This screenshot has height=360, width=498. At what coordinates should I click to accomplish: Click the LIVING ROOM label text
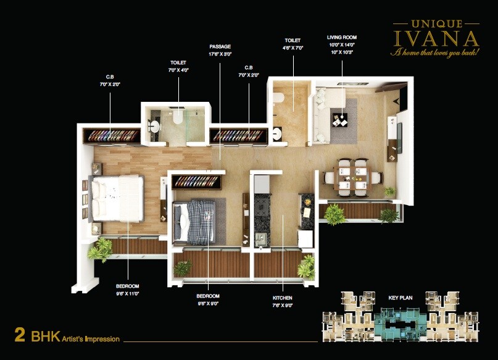341,38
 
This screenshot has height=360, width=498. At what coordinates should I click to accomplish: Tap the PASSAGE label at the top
220,46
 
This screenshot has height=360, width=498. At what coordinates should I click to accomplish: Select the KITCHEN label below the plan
283,298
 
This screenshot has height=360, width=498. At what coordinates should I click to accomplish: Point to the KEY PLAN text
400,297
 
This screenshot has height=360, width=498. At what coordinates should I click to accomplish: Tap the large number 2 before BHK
20,336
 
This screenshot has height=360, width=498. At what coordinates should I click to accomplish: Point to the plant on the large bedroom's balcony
100,249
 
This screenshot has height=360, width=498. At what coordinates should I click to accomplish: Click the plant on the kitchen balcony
305,267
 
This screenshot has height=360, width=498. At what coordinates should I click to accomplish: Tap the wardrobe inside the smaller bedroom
197,182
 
